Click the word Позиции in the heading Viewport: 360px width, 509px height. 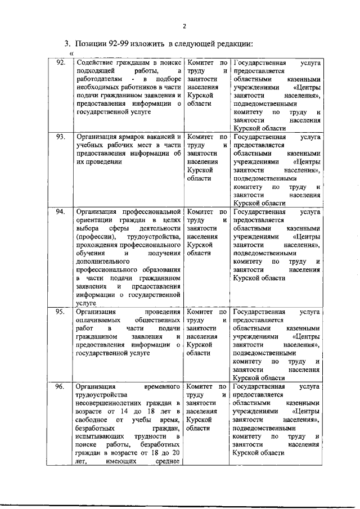point(93,43)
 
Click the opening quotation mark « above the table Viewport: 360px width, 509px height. point(71,54)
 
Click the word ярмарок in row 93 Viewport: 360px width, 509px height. point(134,137)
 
